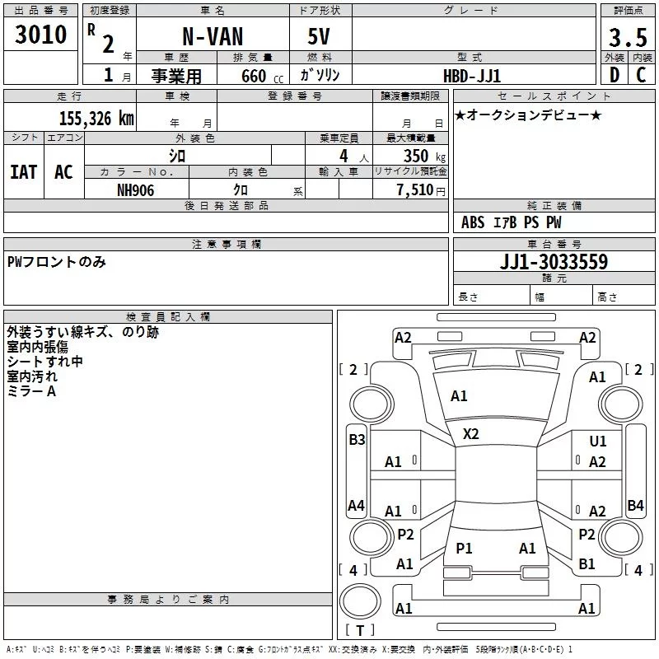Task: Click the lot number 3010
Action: [x=41, y=35]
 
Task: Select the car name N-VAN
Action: [x=213, y=38]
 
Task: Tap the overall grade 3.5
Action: [x=627, y=37]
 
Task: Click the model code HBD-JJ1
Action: [x=472, y=75]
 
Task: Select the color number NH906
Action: [x=136, y=189]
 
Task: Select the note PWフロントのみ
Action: [x=57, y=262]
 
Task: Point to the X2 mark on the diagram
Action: [x=471, y=433]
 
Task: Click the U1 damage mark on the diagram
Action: [x=598, y=442]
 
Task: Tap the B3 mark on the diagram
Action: [x=357, y=439]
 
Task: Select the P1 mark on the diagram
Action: [x=465, y=548]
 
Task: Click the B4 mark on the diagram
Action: [x=635, y=505]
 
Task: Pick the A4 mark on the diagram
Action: [x=356, y=505]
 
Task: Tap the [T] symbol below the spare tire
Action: [x=359, y=631]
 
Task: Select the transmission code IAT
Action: [x=24, y=172]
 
